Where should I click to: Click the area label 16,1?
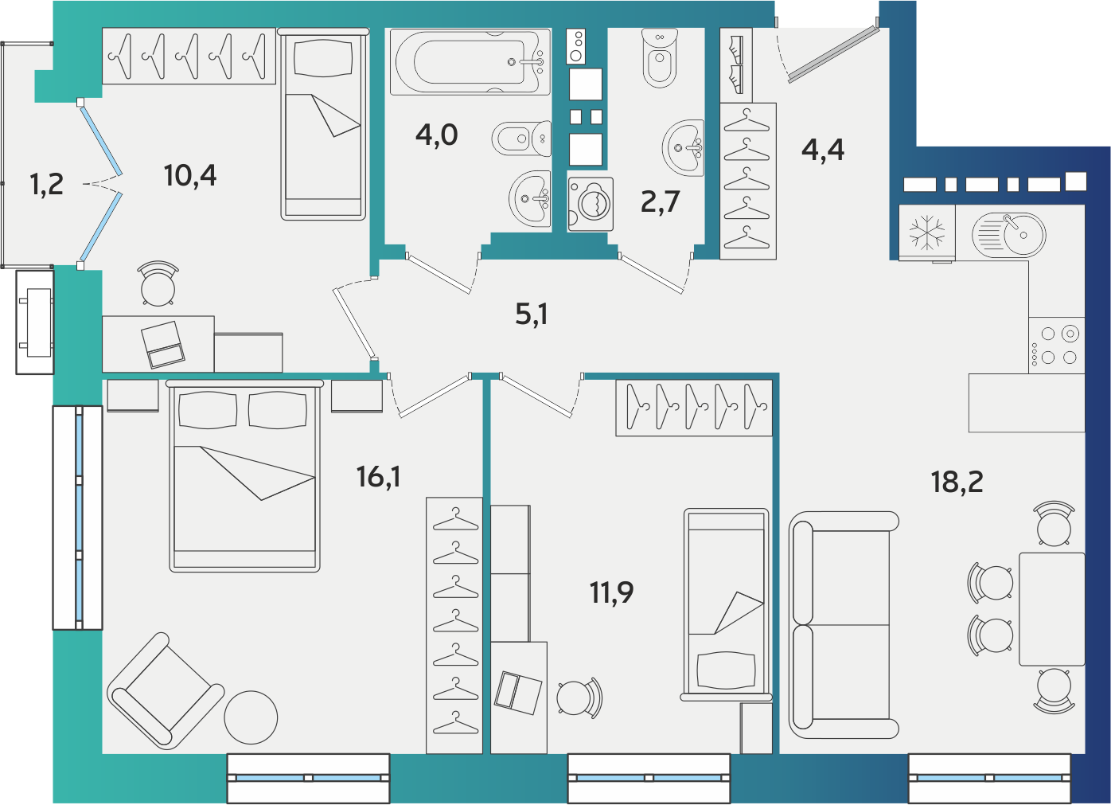379,477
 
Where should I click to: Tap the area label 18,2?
957,482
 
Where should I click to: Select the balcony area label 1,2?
47,185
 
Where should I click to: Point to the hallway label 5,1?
531,315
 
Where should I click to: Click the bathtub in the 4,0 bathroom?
470,62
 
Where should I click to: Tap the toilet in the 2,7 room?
660,57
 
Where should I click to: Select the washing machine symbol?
591,204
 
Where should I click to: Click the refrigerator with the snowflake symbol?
927,233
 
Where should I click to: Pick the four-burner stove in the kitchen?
1056,345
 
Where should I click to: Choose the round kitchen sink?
1009,234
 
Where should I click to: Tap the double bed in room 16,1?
244,476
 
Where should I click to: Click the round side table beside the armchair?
251,717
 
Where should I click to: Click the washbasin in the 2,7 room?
683,147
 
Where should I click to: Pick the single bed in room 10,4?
323,124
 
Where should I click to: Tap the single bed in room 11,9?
726,604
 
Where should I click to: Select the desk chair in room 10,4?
158,283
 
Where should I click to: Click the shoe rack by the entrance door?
736,65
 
